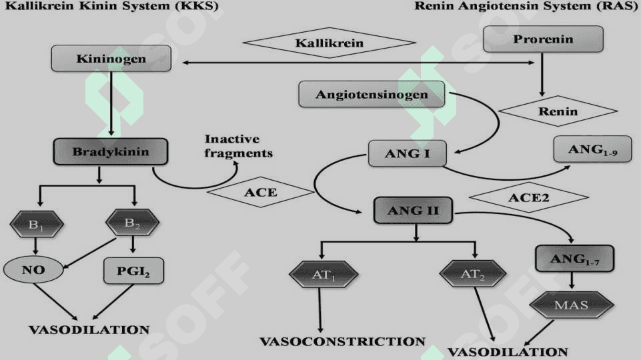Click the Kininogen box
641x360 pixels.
[111, 59]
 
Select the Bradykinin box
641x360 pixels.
[110, 151]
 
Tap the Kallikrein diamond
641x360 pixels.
[329, 43]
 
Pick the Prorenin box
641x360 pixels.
[544, 39]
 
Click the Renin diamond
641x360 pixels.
[558, 111]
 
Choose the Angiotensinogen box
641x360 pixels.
[372, 95]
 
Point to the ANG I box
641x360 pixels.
[408, 153]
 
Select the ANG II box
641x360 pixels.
[414, 211]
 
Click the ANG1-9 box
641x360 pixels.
[592, 149]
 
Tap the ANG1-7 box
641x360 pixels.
[574, 259]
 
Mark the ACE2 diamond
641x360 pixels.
[529, 198]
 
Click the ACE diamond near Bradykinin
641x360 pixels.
[260, 192]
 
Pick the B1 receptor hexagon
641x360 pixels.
[37, 224]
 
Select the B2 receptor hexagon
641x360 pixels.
[132, 223]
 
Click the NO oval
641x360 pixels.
[33, 270]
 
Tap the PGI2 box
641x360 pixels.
[133, 271]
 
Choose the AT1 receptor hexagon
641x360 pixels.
[324, 275]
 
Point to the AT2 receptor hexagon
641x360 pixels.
[473, 274]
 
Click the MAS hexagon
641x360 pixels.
[572, 305]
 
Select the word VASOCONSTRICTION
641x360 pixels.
[343, 341]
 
